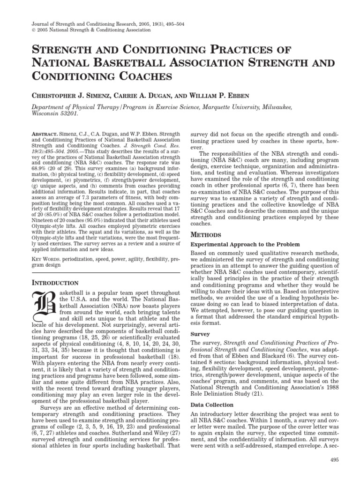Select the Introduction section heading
pos(54,283)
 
